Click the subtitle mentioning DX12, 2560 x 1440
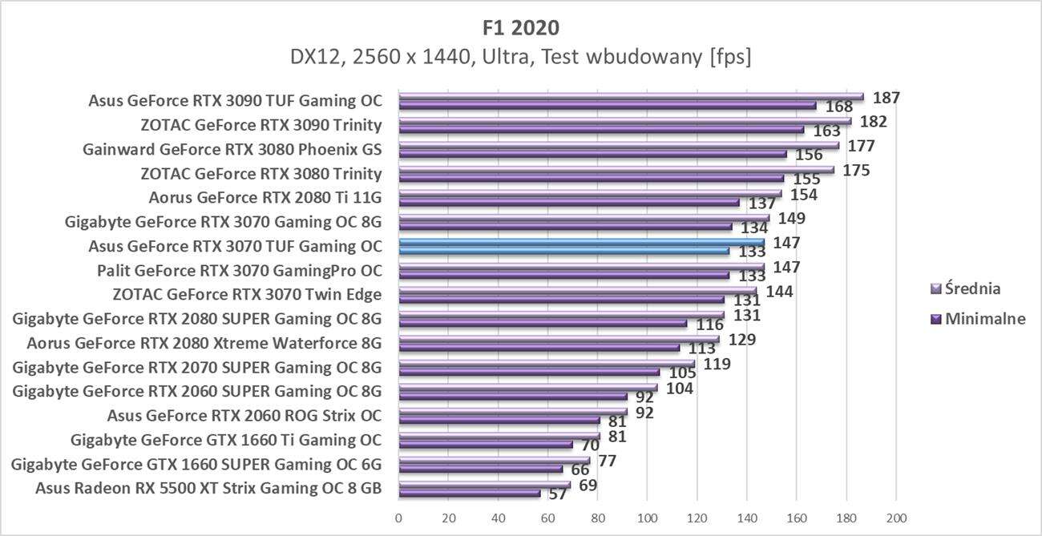click(521, 58)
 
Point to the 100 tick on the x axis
click(647, 517)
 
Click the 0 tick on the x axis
click(398, 517)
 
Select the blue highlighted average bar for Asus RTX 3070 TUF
click(581, 242)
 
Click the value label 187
click(887, 98)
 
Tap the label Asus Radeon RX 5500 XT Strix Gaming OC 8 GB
click(208, 488)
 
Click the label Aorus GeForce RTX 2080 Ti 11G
click(265, 197)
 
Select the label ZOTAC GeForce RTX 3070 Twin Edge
click(247, 294)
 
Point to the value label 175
click(856, 170)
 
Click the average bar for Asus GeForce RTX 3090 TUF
click(631, 97)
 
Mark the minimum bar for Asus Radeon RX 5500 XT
click(469, 494)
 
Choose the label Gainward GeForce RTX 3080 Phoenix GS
click(232, 149)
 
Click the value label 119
click(717, 364)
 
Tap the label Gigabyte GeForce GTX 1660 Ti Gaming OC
click(226, 439)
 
